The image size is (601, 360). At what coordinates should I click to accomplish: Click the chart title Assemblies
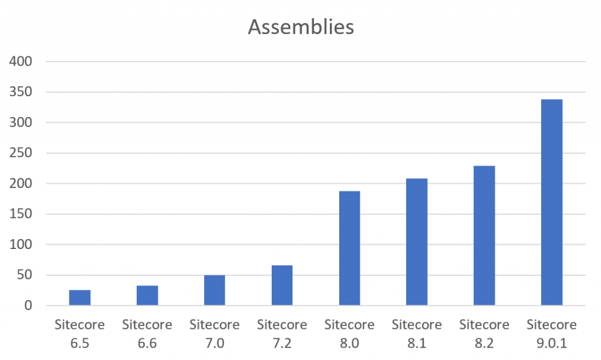[x=300, y=27]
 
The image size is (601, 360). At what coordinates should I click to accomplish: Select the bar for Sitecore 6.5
[x=80, y=298]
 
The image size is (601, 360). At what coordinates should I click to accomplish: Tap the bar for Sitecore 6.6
[x=147, y=296]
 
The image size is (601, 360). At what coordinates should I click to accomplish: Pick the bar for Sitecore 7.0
[x=215, y=291]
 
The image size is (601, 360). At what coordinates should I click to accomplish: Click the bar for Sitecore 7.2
[x=282, y=285]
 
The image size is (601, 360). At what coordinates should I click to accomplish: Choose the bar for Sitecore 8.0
[x=350, y=248]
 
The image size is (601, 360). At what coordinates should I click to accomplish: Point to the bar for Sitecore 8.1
[x=417, y=242]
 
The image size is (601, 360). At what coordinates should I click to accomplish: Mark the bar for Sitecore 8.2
[x=485, y=235]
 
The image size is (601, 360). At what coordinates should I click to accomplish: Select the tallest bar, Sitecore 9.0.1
[x=552, y=203]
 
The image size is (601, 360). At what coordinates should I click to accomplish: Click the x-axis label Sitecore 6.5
[x=80, y=332]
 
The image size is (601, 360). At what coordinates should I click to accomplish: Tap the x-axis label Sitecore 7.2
[x=282, y=332]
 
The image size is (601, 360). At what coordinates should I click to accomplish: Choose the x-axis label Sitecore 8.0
[x=350, y=332]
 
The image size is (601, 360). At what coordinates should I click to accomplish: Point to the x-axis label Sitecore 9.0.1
[x=552, y=332]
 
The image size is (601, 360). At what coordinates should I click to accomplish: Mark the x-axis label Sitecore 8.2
[x=485, y=332]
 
